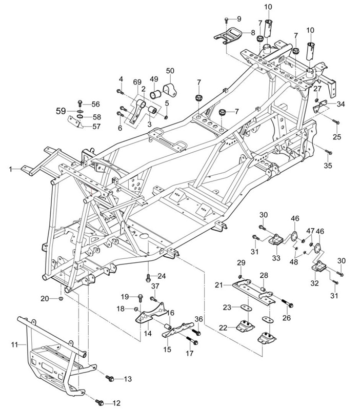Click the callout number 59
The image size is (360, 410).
click(x=61, y=111)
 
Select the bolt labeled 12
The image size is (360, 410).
click(x=99, y=402)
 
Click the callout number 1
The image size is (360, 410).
click(x=11, y=170)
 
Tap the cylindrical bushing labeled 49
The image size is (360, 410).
click(x=155, y=94)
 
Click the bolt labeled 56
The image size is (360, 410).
click(x=80, y=104)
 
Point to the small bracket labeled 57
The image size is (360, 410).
click(x=75, y=122)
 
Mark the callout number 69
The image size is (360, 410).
click(x=137, y=82)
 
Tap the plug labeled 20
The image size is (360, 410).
click(x=61, y=299)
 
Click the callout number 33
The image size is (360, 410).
click(x=276, y=258)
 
